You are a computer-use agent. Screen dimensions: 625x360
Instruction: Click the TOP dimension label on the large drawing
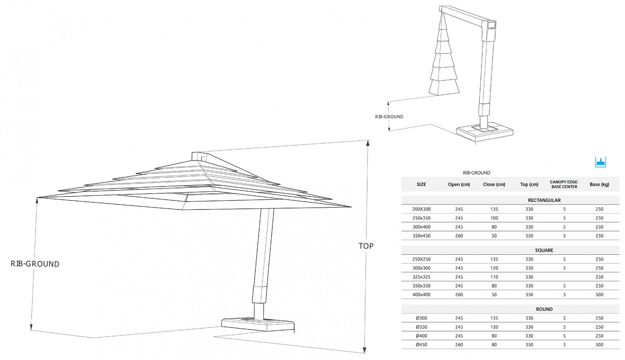366,246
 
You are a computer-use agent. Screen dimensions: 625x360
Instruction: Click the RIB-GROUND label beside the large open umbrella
35,264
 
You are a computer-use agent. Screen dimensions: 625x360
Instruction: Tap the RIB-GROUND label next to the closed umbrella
389,117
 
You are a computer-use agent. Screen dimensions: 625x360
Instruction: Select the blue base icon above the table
600,162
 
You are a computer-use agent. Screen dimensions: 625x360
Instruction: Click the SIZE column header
421,184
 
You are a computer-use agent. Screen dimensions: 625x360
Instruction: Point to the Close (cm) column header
494,184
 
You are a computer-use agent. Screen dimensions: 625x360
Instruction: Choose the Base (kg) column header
599,184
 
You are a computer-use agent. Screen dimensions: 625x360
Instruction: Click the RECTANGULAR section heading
544,200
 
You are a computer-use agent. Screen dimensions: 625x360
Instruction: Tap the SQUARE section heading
544,250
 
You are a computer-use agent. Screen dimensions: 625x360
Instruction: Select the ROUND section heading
544,309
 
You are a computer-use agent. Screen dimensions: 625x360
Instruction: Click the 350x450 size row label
421,236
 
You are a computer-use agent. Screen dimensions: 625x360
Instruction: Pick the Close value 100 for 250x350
494,218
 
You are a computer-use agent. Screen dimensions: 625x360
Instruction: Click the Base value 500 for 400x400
599,295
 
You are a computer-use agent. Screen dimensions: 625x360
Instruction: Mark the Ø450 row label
421,345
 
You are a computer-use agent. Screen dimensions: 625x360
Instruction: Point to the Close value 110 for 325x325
494,277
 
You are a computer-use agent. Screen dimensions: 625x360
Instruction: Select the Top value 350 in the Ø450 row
529,345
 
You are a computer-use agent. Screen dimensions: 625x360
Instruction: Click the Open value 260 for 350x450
459,236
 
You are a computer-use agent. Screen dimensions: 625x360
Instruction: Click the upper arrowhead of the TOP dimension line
368,143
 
